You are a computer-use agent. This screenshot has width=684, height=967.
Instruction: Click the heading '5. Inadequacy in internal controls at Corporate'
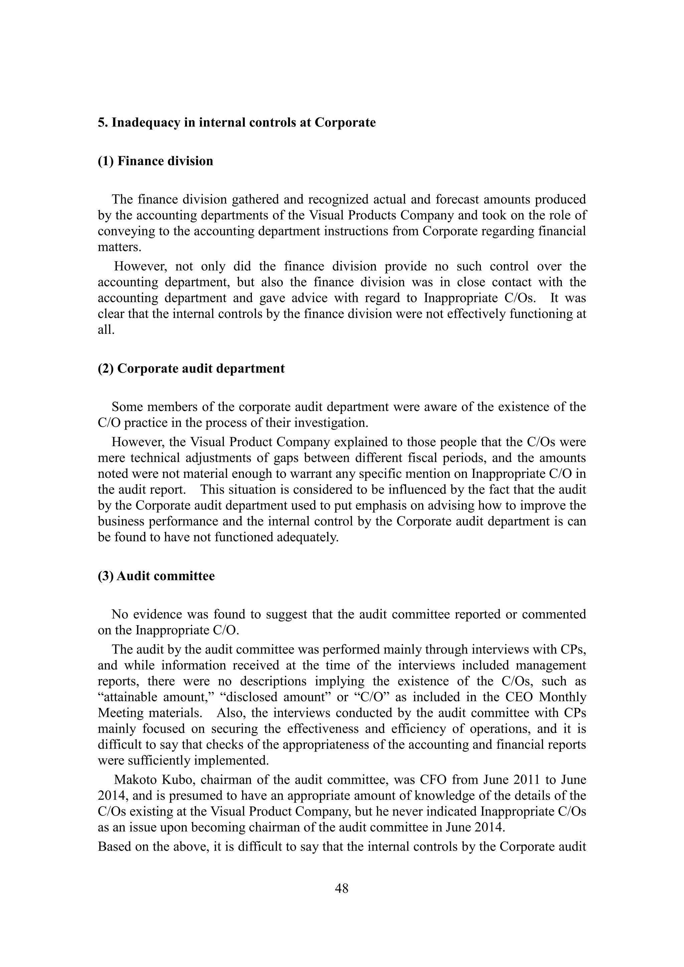pos(237,123)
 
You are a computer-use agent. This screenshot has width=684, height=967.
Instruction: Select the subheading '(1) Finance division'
pos(155,161)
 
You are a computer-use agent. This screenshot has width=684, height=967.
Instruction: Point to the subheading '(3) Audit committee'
pos(156,576)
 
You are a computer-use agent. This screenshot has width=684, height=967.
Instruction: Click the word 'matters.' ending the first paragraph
pos(120,247)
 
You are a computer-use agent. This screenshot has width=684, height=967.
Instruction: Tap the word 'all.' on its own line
pos(106,330)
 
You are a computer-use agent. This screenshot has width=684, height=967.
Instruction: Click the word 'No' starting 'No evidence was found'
pos(119,614)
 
